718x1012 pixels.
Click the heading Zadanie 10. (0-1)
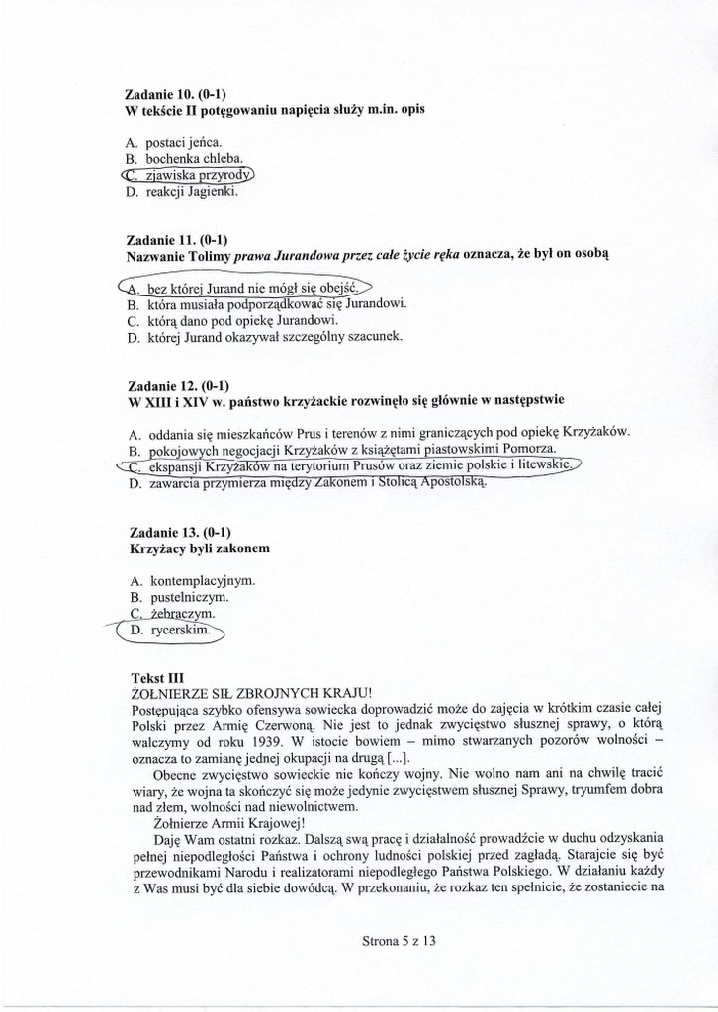pyautogui.click(x=171, y=93)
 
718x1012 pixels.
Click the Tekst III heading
pyautogui.click(x=157, y=678)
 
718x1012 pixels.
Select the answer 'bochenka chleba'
pyautogui.click(x=193, y=159)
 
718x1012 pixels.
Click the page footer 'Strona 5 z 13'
pyautogui.click(x=399, y=942)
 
